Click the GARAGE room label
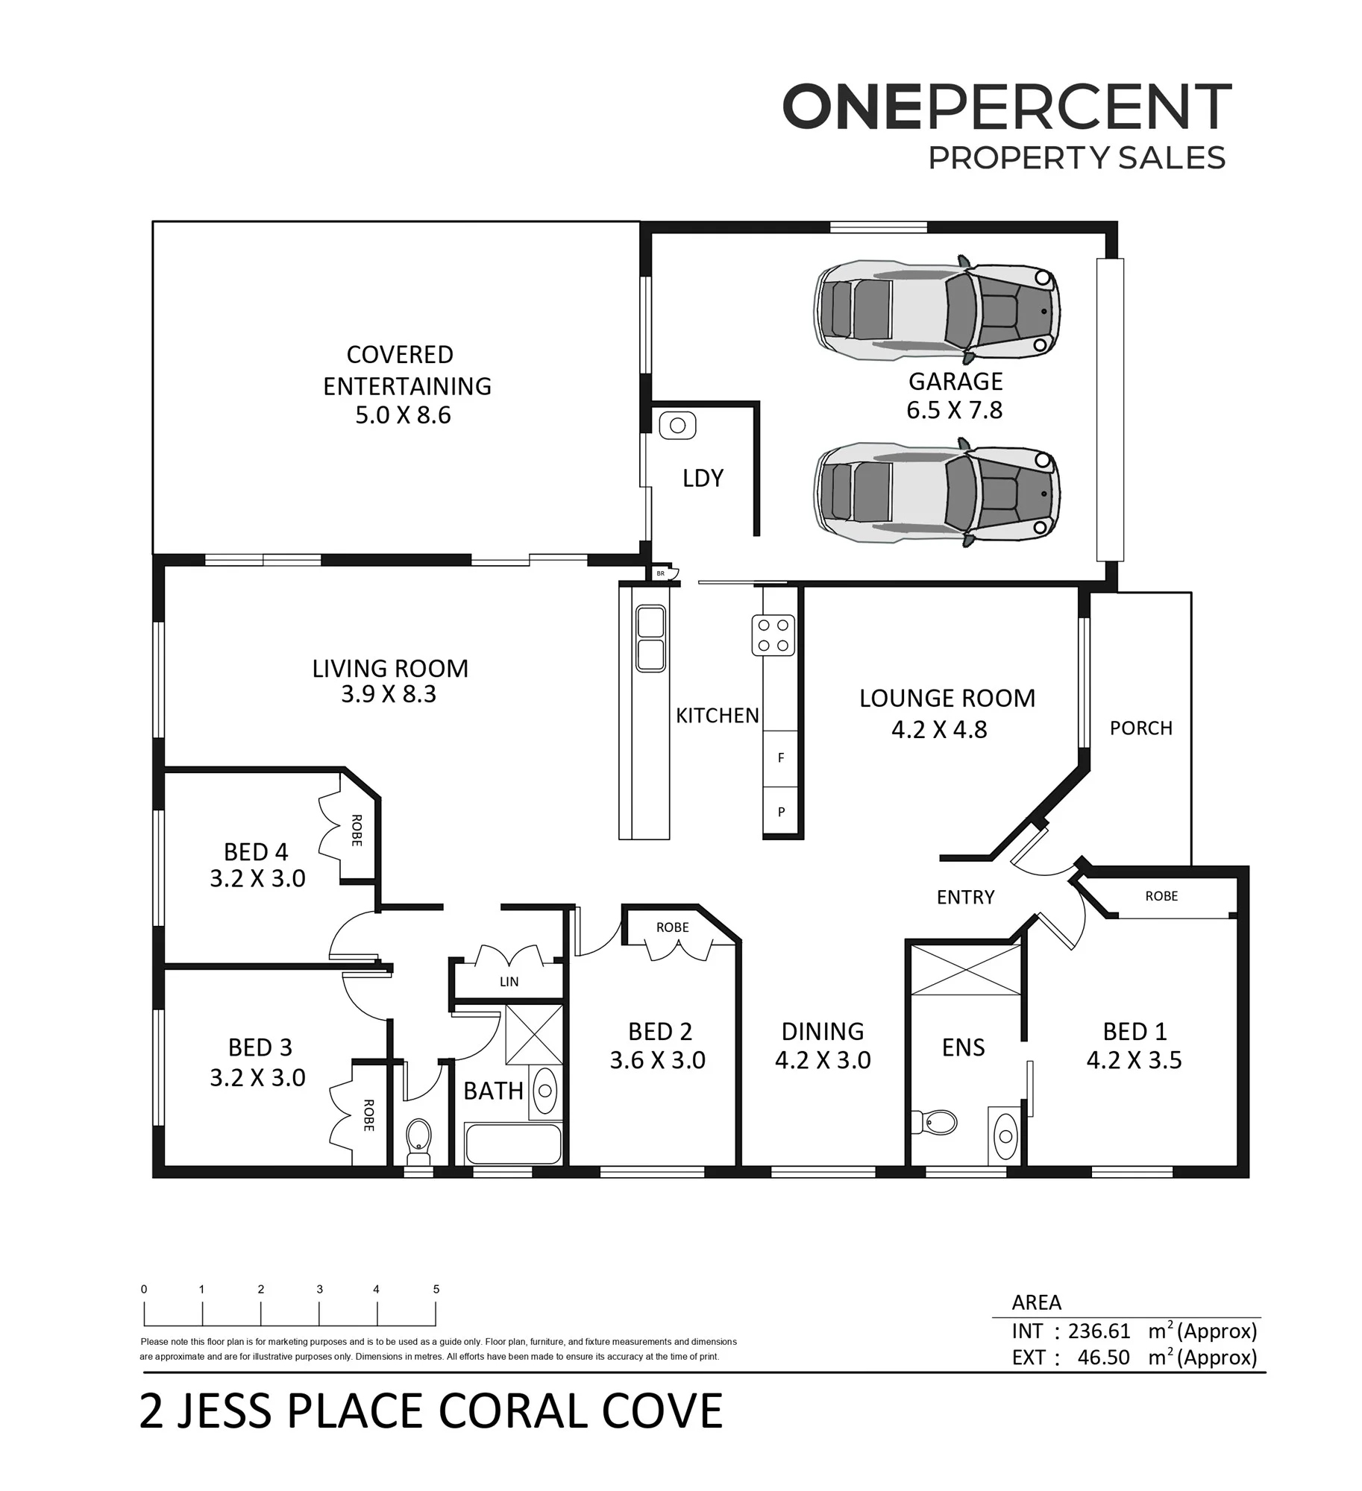[955, 382]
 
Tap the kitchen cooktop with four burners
[773, 635]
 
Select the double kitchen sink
[650, 638]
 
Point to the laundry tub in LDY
[677, 426]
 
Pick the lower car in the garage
[937, 493]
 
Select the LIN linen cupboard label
[509, 982]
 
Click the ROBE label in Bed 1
[1161, 896]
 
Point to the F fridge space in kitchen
[780, 758]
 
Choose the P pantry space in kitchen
[780, 812]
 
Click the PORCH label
[1140, 728]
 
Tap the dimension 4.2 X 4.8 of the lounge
[939, 730]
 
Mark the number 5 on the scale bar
[436, 1289]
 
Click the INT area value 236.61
[1099, 1331]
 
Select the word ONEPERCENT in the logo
[1006, 107]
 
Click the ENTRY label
[965, 897]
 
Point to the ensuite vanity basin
[1005, 1135]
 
